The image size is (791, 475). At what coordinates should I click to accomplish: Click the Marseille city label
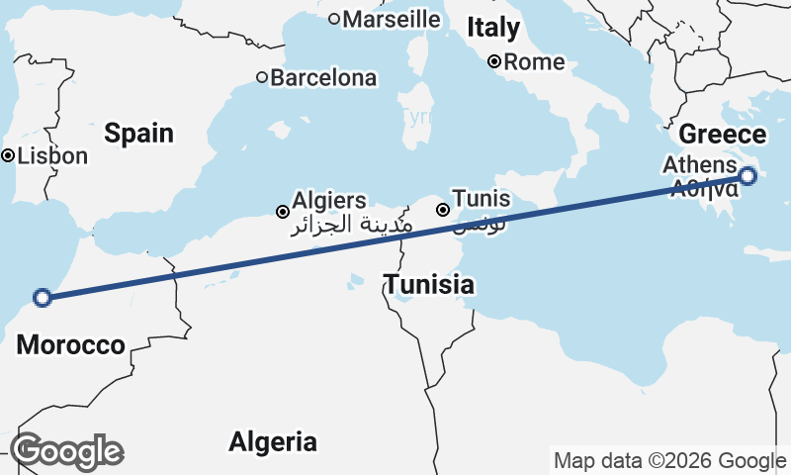392,18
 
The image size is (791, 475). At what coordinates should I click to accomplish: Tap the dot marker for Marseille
334,18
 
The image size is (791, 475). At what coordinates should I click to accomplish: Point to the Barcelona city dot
262,77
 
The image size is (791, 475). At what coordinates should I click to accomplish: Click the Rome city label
534,62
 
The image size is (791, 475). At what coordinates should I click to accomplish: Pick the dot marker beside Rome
494,62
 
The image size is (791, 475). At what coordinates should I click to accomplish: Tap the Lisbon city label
52,155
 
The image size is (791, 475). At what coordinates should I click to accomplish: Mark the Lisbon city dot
8,155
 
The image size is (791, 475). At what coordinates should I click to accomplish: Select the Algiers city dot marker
283,211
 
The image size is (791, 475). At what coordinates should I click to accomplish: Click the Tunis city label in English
481,199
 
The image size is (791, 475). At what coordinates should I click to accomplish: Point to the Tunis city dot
443,210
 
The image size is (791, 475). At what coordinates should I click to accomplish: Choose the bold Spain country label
139,133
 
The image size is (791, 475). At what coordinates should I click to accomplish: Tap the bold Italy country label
493,27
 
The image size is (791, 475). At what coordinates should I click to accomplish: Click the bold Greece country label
723,135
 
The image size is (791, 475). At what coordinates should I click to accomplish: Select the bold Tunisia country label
428,286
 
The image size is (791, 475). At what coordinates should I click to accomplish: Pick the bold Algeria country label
273,441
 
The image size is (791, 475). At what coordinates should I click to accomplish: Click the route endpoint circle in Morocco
43,296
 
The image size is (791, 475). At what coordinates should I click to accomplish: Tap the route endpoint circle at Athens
747,176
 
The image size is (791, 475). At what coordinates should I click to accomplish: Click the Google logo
67,451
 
